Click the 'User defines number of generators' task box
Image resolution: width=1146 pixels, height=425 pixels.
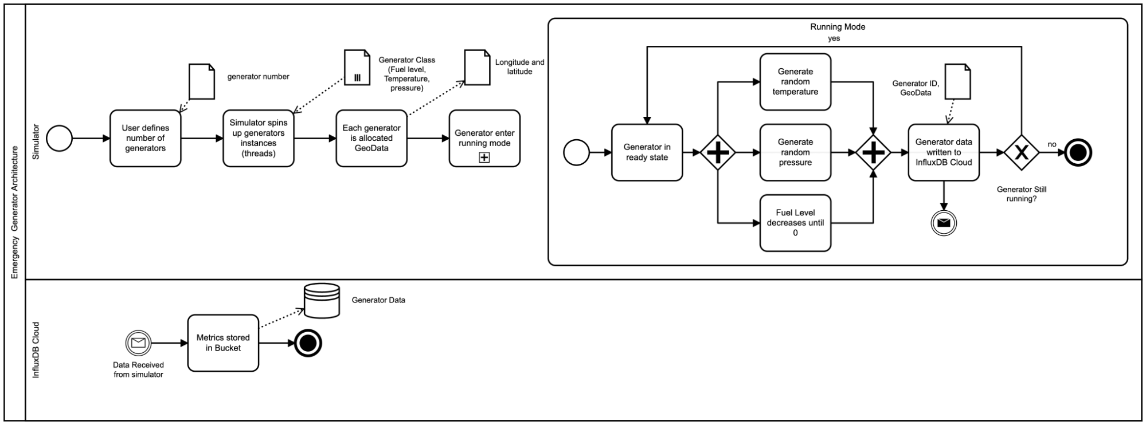tap(145, 138)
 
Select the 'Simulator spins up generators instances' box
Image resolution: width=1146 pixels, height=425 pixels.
tap(258, 138)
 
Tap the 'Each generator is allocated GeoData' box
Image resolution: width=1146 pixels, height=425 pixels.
tap(371, 138)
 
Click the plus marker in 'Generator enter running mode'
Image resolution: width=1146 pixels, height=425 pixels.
tap(484, 158)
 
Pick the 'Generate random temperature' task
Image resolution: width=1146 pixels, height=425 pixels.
tap(795, 82)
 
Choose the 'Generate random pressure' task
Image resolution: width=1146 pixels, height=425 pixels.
tap(795, 152)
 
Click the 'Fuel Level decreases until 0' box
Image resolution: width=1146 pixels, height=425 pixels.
tap(795, 223)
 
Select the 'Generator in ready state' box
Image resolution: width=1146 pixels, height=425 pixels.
tap(647, 152)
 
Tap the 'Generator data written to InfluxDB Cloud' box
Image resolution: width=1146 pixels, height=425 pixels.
tap(943, 152)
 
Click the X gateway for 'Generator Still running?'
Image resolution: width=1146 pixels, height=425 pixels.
tap(1021, 152)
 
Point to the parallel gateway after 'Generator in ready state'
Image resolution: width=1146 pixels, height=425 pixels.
tap(718, 152)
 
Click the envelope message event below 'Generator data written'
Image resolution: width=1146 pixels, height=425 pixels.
tap(943, 223)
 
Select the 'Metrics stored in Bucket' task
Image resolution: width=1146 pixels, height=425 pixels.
tap(223, 343)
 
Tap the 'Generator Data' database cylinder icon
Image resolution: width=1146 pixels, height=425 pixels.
tap(322, 300)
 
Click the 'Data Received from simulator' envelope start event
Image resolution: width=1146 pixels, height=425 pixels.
tap(138, 343)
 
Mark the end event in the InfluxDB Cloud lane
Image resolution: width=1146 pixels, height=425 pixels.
tap(308, 343)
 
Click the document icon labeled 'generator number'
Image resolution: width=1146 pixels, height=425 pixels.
tap(202, 81)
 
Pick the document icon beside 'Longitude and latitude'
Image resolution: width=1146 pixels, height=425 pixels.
tap(477, 67)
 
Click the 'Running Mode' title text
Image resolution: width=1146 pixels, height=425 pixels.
tap(837, 27)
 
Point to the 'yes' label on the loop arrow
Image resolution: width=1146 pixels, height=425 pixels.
tap(834, 38)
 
